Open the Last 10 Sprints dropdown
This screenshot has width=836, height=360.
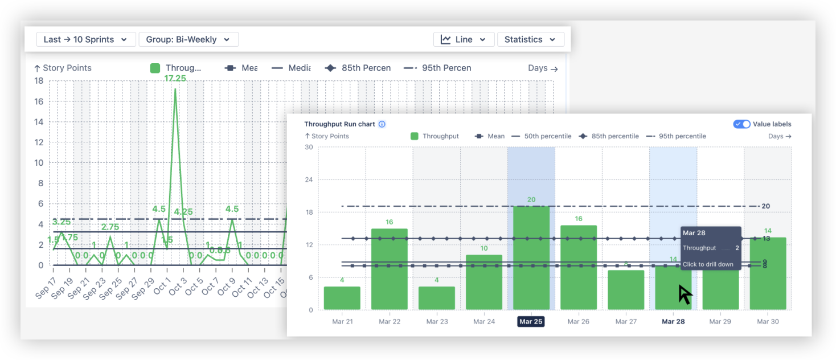[x=86, y=39]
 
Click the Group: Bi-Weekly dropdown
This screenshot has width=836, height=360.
[x=188, y=39]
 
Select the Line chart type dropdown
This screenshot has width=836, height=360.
[x=462, y=39]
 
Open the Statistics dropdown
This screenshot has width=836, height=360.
[x=530, y=39]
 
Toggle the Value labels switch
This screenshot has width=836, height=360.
[x=741, y=124]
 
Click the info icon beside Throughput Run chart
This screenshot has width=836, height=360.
[x=382, y=124]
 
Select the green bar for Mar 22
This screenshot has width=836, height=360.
[x=390, y=269]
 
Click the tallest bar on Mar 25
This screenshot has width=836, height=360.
[x=531, y=257]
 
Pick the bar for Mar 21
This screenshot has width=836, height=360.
[x=342, y=298]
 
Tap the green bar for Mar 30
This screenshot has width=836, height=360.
[x=768, y=273]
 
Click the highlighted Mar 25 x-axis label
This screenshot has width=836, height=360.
[x=531, y=322]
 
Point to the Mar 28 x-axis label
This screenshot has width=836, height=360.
[x=673, y=322]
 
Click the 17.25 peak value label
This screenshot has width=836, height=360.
[x=175, y=79]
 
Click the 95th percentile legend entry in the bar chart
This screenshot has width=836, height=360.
[x=677, y=136]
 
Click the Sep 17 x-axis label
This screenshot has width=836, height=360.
[x=46, y=289]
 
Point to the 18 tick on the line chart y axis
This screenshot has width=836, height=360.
[x=39, y=81]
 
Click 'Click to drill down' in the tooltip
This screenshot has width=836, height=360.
[x=708, y=264]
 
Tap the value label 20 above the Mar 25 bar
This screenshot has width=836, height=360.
[x=531, y=199]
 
